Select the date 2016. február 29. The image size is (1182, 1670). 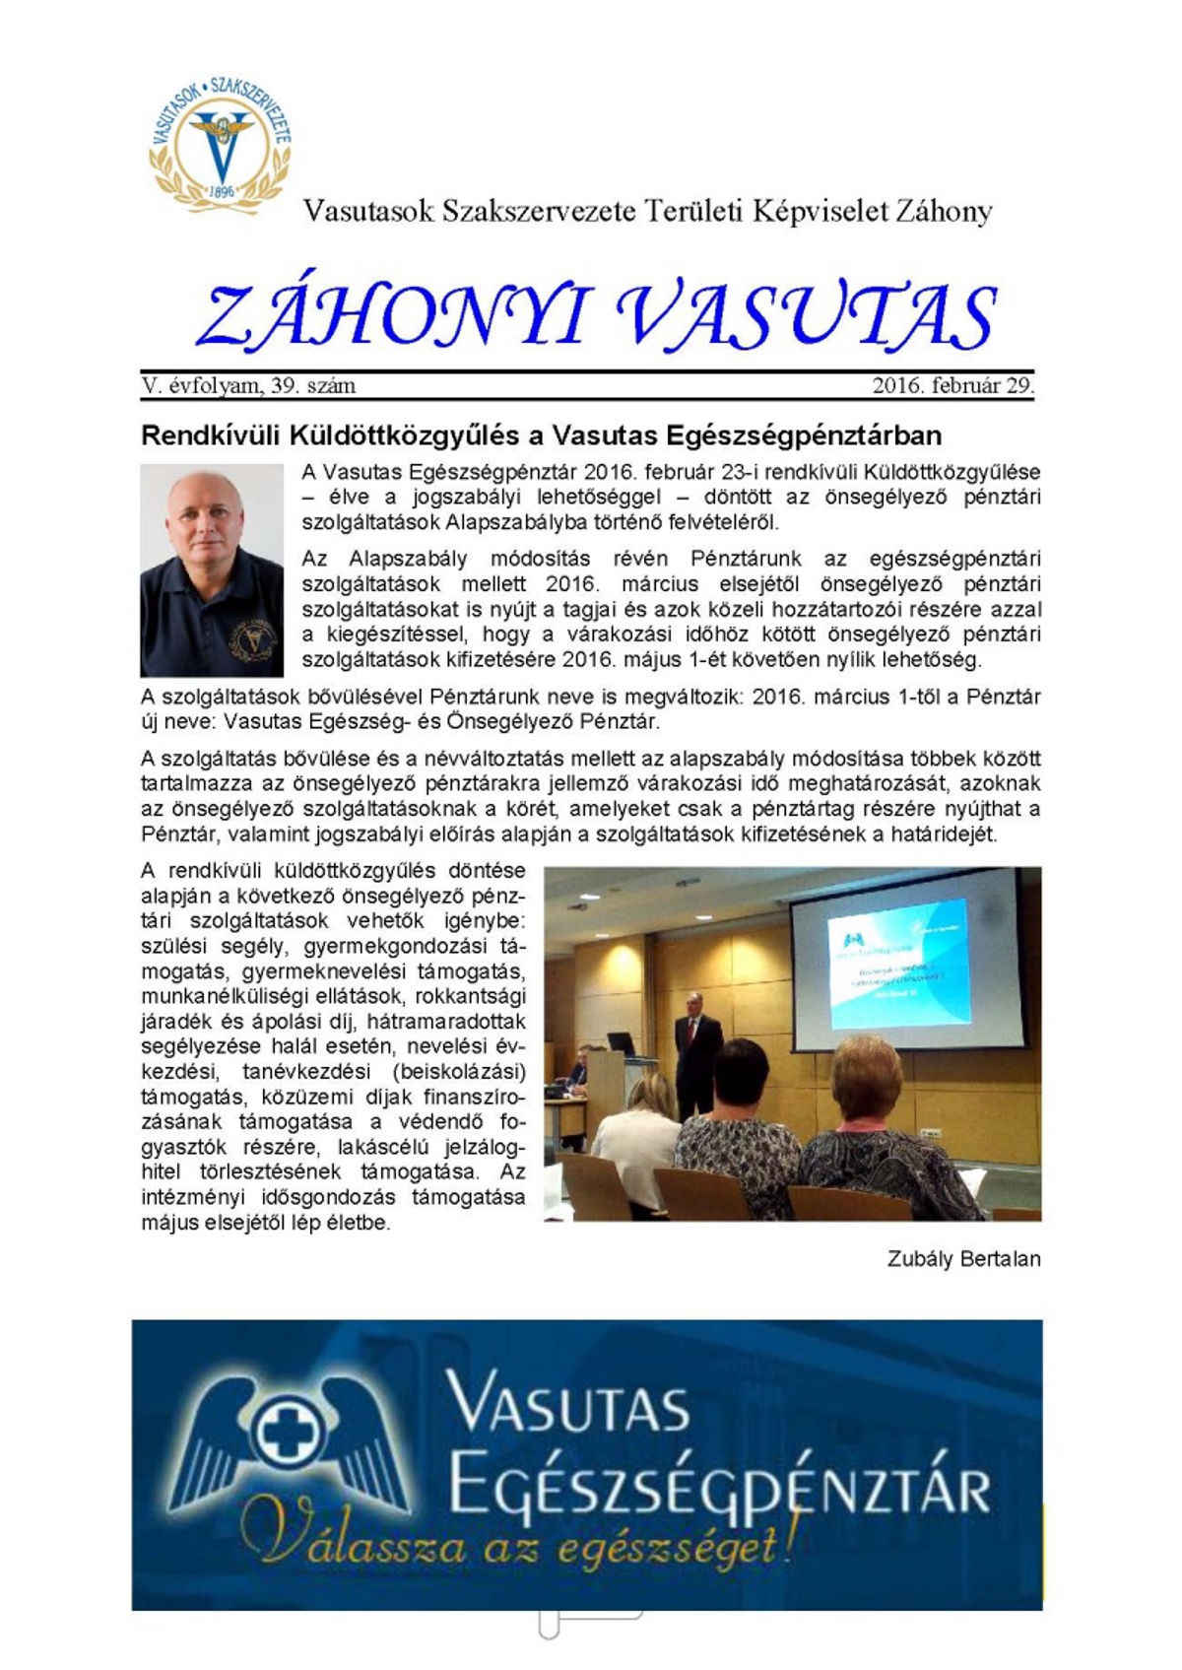coord(952,385)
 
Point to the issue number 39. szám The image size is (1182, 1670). coord(313,385)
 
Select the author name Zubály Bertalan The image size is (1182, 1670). coord(963,1259)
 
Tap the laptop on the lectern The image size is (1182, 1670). coord(622,1042)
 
